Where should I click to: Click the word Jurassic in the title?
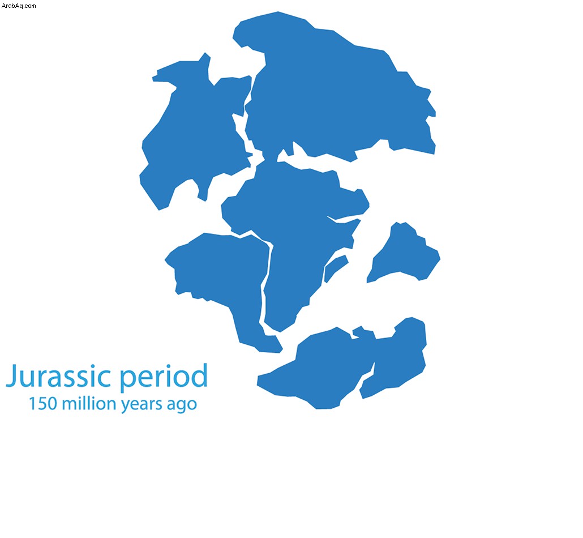coord(59,376)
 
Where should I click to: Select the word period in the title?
coord(163,376)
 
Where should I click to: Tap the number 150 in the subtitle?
coord(42,404)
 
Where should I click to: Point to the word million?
coord(89,403)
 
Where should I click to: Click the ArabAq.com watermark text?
coord(19,6)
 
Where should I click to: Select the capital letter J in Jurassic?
coord(12,376)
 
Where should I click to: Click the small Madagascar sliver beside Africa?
coord(336,267)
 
